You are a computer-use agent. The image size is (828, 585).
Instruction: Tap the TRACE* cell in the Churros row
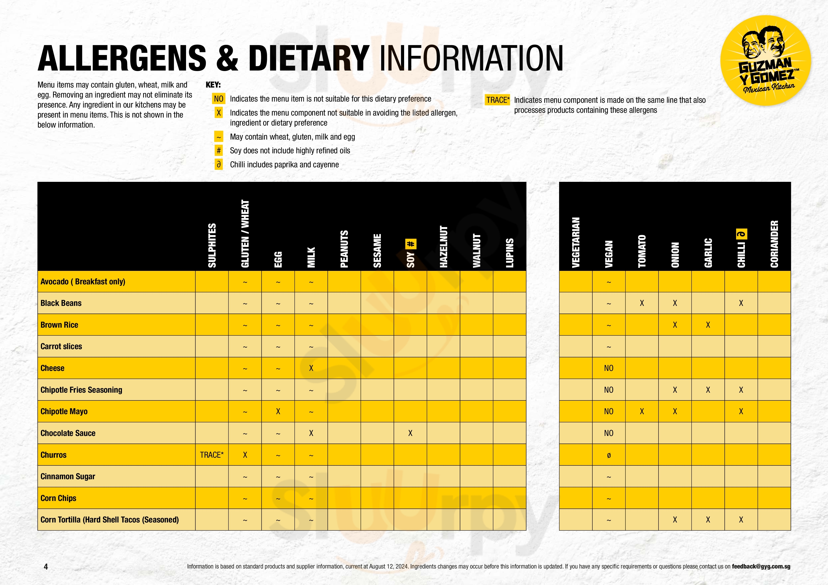click(x=212, y=455)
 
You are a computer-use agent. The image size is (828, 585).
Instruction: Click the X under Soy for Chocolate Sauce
click(x=410, y=433)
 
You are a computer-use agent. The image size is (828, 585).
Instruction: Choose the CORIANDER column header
click(x=774, y=244)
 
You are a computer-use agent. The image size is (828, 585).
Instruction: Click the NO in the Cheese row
click(x=608, y=368)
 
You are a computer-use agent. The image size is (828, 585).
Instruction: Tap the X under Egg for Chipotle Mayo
click(x=278, y=411)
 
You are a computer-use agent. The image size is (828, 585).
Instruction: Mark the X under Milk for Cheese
click(x=311, y=368)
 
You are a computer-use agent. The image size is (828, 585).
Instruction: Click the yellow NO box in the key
click(x=219, y=99)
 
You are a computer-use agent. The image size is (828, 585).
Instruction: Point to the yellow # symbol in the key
click(x=219, y=151)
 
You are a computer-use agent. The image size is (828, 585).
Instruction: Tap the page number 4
click(x=46, y=567)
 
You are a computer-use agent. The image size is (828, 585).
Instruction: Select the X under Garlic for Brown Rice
click(x=708, y=325)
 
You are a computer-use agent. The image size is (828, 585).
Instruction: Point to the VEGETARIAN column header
click(x=576, y=242)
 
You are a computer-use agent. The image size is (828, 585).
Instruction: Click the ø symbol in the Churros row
click(x=609, y=455)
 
